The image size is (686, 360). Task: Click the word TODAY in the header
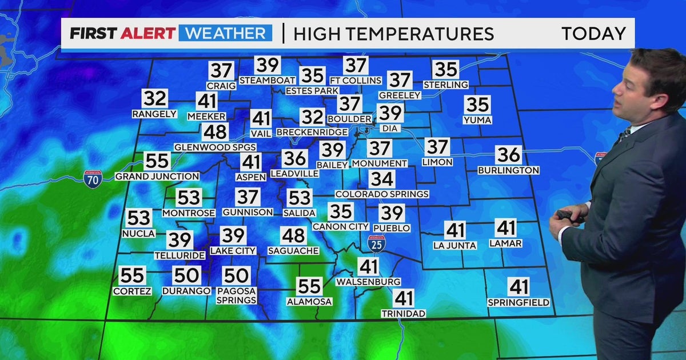[x=593, y=34]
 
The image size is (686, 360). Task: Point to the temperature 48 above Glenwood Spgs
[x=216, y=132]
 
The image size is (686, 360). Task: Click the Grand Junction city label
[x=157, y=177]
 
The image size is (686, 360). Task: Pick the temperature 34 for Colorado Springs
[x=381, y=179]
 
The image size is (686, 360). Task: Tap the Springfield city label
[x=519, y=302]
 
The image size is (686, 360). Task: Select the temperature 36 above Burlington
[x=508, y=155]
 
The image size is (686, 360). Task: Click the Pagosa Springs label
[x=237, y=295]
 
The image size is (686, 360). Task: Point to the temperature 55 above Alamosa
[x=309, y=286]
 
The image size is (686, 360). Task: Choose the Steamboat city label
[x=268, y=80]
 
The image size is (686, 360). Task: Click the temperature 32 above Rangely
[x=155, y=98]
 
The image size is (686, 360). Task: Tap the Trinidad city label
[x=404, y=314]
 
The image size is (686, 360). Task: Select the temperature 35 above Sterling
[x=445, y=69]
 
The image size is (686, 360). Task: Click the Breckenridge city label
[x=312, y=132]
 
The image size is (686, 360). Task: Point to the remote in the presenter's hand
[x=568, y=215]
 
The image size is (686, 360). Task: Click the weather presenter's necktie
[x=623, y=135]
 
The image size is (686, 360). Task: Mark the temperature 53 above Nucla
[x=138, y=218]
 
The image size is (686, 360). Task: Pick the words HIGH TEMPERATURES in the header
[x=393, y=34]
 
